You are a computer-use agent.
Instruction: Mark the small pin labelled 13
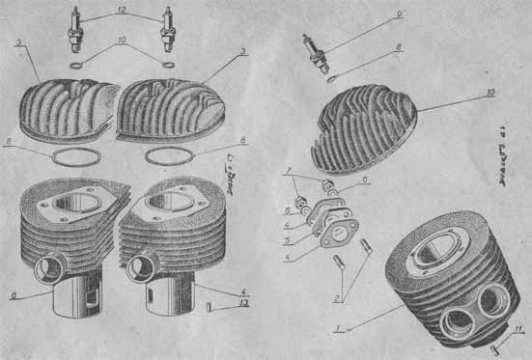tap(210, 309)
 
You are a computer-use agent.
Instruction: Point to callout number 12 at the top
tap(122, 9)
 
